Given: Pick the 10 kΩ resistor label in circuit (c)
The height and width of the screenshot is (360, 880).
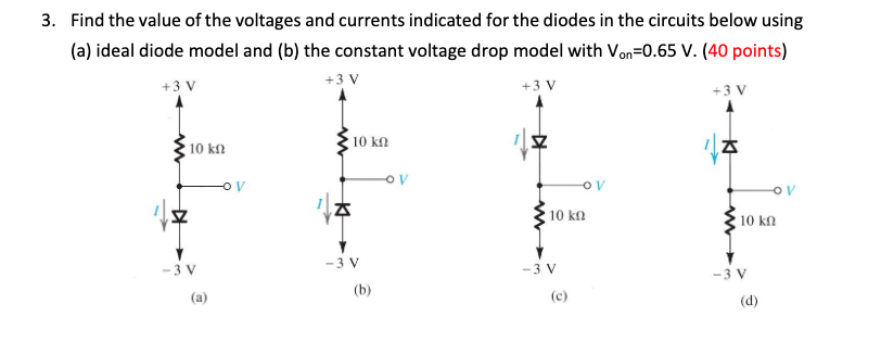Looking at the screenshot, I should [569, 215].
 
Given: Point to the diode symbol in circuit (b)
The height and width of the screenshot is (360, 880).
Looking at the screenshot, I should [343, 208].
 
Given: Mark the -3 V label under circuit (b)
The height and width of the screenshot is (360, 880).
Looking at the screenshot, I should [343, 263].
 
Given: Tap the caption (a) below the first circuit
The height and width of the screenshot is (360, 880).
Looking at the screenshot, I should [200, 295].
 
